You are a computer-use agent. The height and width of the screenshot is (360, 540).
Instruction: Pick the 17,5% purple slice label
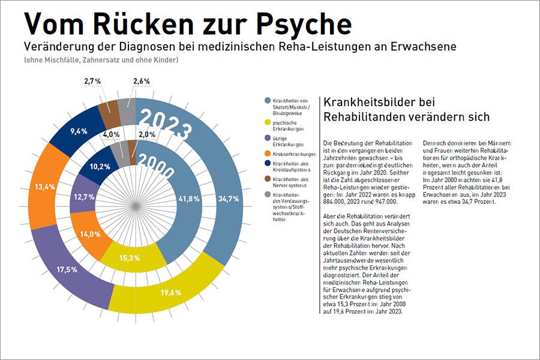coord(66,269)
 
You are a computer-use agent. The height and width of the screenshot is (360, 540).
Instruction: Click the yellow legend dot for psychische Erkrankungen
coord(267,122)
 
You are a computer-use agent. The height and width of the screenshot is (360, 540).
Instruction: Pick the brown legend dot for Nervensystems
coord(267,179)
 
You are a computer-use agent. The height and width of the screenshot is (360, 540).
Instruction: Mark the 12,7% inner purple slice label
coord(84,196)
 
